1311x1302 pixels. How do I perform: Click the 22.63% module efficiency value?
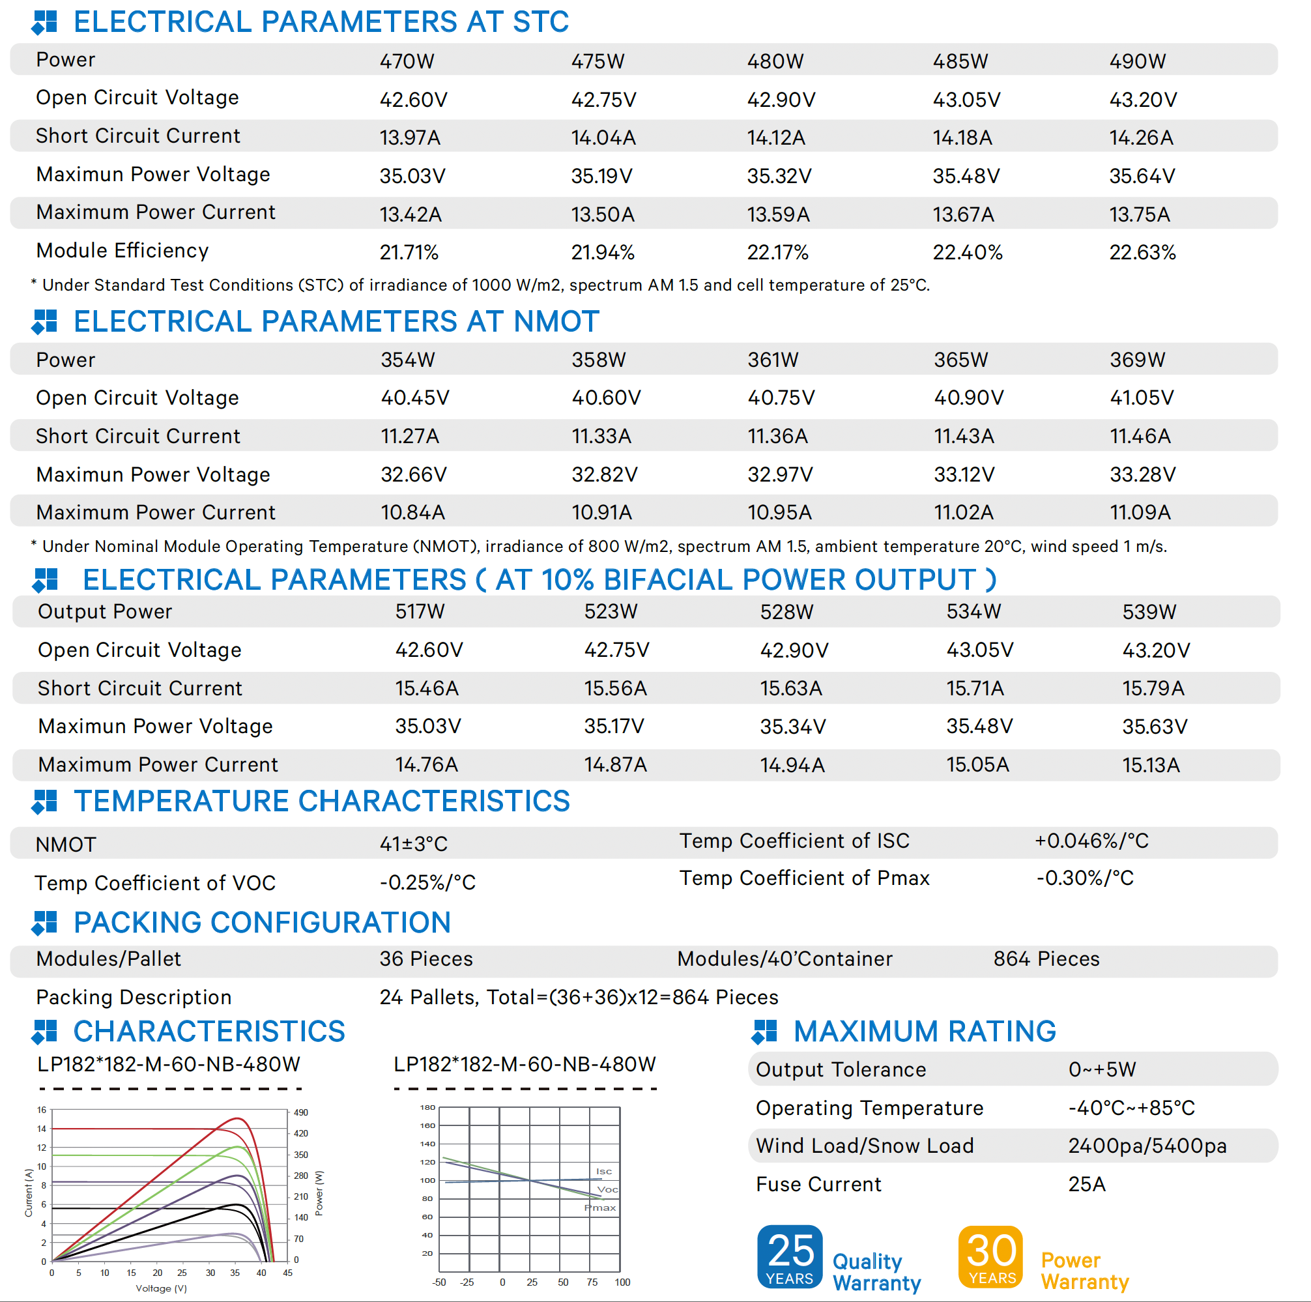[x=1142, y=252]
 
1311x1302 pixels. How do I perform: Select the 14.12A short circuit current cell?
[x=775, y=137]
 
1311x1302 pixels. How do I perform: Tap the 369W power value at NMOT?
[x=1137, y=360]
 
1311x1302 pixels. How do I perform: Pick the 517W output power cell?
[x=420, y=611]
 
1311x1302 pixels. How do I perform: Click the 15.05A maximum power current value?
[x=977, y=764]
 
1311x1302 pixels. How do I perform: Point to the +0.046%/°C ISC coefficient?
[x=1091, y=841]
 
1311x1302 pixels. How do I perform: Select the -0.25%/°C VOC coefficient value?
[x=427, y=882]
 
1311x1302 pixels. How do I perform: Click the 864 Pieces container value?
[x=1046, y=959]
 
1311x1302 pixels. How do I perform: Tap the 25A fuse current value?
[x=1086, y=1184]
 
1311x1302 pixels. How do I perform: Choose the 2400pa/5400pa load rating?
[x=1147, y=1146]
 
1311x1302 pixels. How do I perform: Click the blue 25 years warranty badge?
[x=789, y=1256]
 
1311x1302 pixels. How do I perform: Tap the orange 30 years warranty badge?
[x=990, y=1256]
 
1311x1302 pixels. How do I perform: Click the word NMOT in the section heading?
[x=556, y=322]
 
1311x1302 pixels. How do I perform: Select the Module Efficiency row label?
[x=122, y=250]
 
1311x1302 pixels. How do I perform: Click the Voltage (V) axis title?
[x=162, y=1288]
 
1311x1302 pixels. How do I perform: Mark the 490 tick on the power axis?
[x=300, y=1113]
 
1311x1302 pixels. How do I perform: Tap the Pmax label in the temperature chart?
[x=600, y=1208]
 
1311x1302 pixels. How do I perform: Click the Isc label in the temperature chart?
[x=603, y=1172]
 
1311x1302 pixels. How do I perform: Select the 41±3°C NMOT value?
[x=413, y=844]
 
